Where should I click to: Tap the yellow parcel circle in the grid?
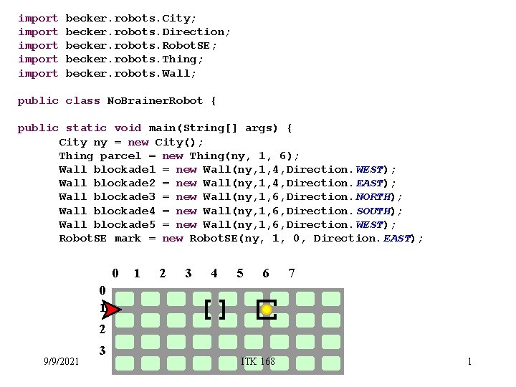point(267,310)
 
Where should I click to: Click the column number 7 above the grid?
point(292,273)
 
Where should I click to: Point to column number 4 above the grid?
point(214,273)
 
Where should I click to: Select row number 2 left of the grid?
point(102,330)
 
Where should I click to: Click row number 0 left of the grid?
point(102,290)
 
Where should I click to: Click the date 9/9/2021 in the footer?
point(61,361)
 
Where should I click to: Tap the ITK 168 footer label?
point(258,361)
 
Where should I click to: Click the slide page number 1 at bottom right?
point(469,361)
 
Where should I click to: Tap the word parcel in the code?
point(120,156)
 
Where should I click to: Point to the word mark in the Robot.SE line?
point(128,238)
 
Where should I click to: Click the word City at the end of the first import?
point(177,18)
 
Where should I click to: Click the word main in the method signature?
point(163,128)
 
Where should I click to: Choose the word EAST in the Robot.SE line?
point(398,238)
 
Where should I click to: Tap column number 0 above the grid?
point(115,273)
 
